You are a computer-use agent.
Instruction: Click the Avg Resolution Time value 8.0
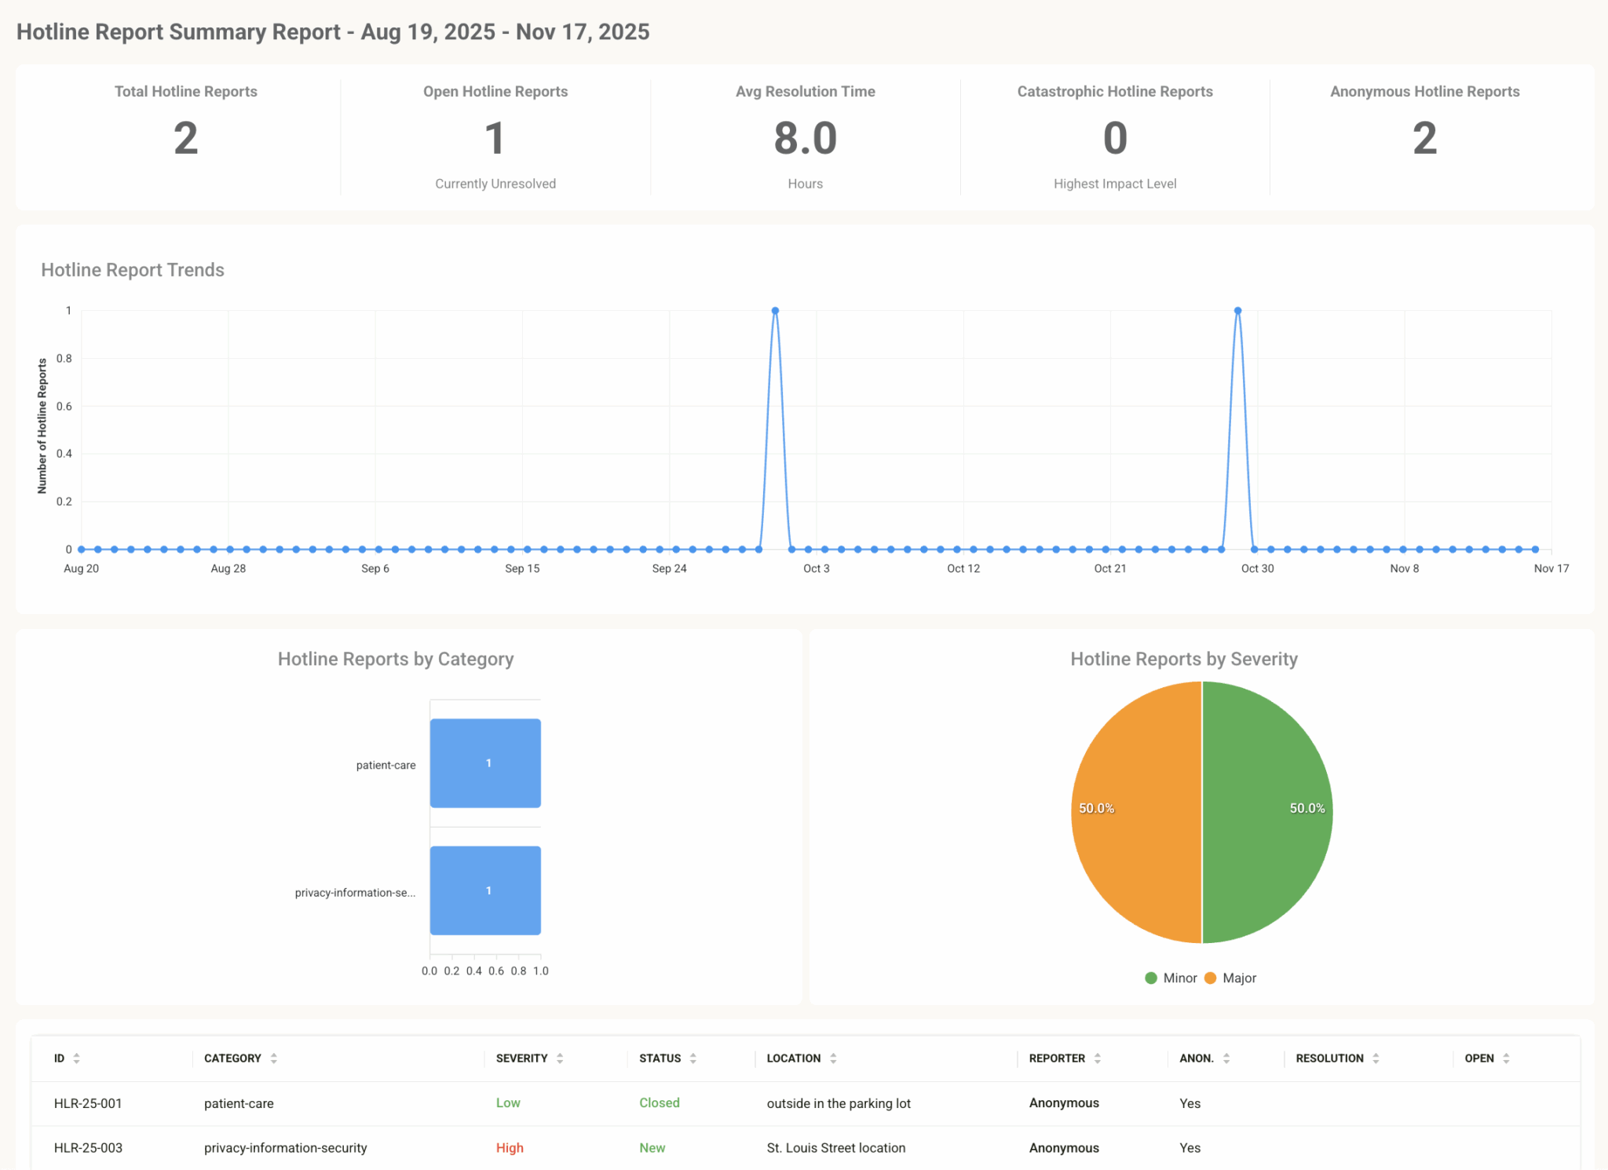pos(805,138)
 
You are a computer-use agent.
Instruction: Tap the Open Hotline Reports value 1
pos(495,138)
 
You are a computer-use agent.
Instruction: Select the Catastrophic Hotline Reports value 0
pos(1115,138)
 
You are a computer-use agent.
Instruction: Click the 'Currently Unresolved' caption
pos(495,184)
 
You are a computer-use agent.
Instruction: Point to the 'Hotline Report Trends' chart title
pos(133,270)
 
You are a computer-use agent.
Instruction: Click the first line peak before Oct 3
pos(775,311)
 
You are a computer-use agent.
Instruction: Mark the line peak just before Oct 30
pos(1237,311)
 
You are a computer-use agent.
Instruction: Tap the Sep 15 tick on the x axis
pos(522,569)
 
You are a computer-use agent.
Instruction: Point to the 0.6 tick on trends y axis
pos(64,406)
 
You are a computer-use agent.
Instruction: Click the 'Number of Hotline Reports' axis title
pos(42,426)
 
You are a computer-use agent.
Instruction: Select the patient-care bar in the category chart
pos(485,763)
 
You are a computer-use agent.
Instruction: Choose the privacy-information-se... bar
pos(485,890)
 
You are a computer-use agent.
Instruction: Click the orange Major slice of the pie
pos(1131,813)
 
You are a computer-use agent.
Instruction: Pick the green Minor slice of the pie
pos(1272,813)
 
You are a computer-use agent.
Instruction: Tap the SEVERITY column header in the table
pos(522,1058)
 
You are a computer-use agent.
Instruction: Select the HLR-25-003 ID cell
pos(88,1148)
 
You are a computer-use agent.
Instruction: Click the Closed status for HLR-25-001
pos(659,1103)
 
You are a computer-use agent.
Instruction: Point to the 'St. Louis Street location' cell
pos(835,1148)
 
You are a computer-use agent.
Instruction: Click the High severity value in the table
pos(510,1148)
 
